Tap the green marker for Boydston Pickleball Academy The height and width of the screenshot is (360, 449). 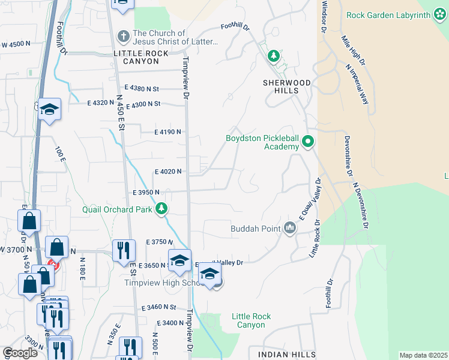click(x=308, y=142)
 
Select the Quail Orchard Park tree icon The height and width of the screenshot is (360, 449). click(x=161, y=209)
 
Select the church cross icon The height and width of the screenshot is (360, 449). click(x=123, y=37)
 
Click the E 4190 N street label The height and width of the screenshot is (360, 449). click(x=167, y=131)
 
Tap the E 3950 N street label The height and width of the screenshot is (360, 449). click(x=146, y=192)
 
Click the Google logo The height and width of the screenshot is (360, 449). click(x=19, y=353)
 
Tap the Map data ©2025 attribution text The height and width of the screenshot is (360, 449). click(x=423, y=355)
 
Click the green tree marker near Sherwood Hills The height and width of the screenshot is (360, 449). click(x=274, y=56)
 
